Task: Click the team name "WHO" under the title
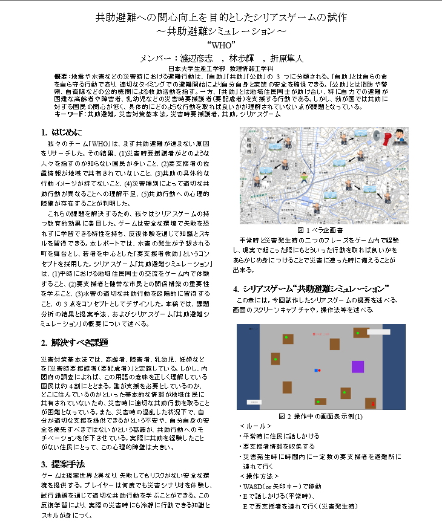point(221,44)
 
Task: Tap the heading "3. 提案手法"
point(62,464)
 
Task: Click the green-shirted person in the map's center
point(303,177)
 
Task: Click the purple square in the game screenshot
point(358,366)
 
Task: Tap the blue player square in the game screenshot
point(316,369)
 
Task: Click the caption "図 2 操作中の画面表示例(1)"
point(320,417)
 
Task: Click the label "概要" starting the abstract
point(61,77)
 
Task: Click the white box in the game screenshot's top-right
point(378,331)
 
